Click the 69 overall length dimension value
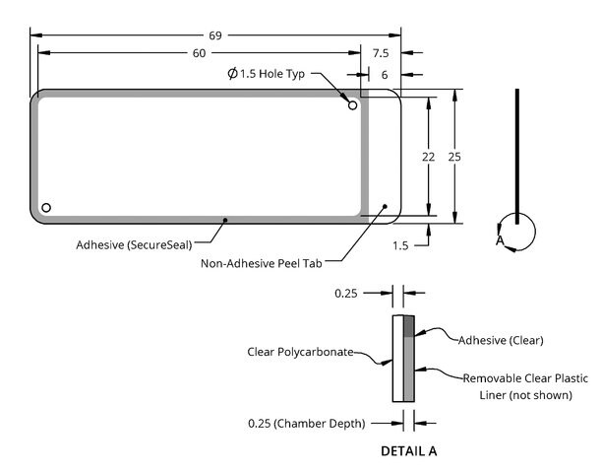pos(215,35)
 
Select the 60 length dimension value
pos(199,53)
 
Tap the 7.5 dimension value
pos(381,53)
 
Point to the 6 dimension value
pos(385,75)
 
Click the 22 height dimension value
pos(429,157)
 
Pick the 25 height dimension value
pos(454,157)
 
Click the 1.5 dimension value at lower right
pos(400,245)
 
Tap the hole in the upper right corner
pos(352,105)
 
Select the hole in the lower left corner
pos(46,208)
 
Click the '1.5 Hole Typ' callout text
pos(272,74)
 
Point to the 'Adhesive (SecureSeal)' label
pos(134,245)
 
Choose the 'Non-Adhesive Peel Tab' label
pos(262,264)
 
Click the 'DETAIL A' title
pos(409,451)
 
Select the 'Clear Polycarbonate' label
pos(301,352)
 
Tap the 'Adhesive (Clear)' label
pos(501,340)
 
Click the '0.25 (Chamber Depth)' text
pos(307,424)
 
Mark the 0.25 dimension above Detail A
pos(346,294)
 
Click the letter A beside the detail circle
pos(500,240)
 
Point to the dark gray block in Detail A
pos(409,326)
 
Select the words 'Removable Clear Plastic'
pos(525,378)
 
